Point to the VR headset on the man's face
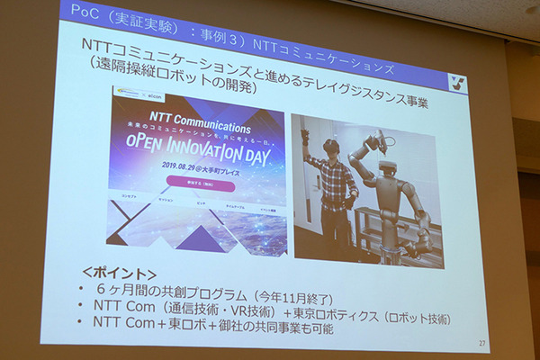point(330,145)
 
